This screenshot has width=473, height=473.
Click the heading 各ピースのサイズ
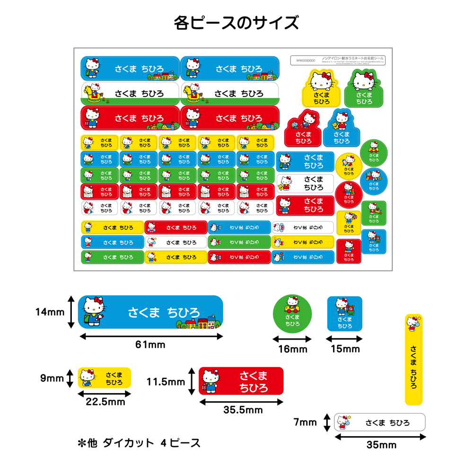click(x=236, y=22)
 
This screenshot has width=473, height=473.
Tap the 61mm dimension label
click(x=150, y=345)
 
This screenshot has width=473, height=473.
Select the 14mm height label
click(x=49, y=312)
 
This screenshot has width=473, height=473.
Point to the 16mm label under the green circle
click(x=292, y=349)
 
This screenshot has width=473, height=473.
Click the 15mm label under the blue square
click(x=345, y=349)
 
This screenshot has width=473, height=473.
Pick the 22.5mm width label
click(x=105, y=402)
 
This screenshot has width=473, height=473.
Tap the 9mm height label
click(x=52, y=378)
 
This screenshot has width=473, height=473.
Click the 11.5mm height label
click(x=166, y=381)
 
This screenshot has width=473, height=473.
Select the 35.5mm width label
click(x=243, y=410)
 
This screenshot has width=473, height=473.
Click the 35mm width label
click(x=381, y=445)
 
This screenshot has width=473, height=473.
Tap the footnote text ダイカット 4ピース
click(x=139, y=443)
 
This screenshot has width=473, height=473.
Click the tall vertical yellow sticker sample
click(x=414, y=359)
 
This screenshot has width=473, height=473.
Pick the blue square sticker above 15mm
click(x=345, y=314)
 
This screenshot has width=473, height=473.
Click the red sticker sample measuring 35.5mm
click(x=241, y=380)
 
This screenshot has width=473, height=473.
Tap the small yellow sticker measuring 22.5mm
click(x=104, y=377)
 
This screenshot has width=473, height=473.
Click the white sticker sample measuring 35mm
click(x=380, y=422)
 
